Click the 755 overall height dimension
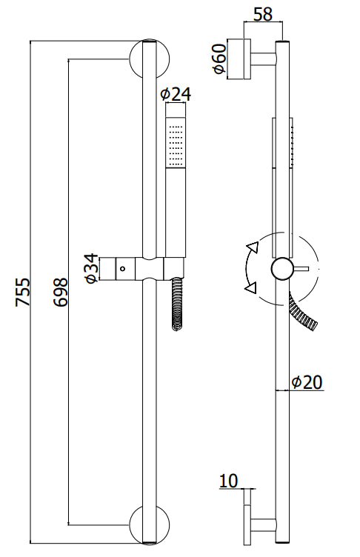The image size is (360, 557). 24,292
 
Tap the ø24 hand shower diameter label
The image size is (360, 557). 176,94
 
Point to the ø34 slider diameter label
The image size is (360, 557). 91,268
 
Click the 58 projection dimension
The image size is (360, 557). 264,14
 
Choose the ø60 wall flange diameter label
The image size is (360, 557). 219,59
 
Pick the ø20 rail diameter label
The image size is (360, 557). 307,382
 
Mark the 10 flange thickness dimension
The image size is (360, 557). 228,481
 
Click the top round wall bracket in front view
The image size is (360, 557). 150,59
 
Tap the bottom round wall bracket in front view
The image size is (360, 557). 150,526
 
